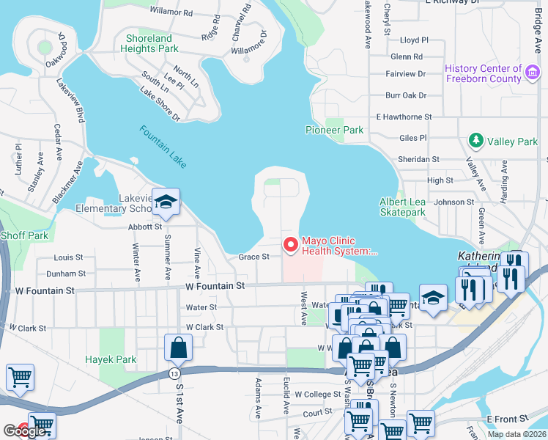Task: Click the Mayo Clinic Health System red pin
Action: coord(291,244)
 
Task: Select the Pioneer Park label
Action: coord(334,130)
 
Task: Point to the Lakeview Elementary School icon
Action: coord(166,204)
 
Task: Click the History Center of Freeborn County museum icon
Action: coord(533,73)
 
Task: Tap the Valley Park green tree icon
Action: coord(476,140)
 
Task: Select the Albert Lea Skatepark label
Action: coord(402,207)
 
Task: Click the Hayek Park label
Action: coord(111,360)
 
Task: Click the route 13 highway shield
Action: coord(174,374)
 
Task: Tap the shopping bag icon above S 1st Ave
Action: coord(179,348)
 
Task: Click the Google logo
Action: coord(24,431)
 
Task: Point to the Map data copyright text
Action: coord(516,434)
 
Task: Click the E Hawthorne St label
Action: coord(404,117)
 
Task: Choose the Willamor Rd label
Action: coord(171,12)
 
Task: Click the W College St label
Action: coord(317,394)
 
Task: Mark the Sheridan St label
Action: coord(418,158)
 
